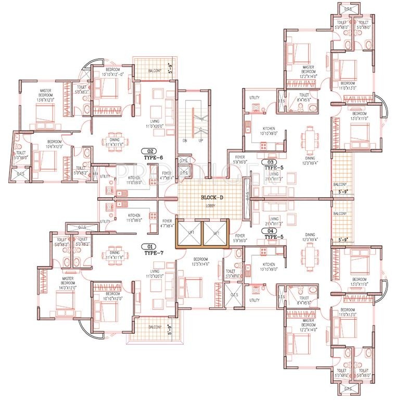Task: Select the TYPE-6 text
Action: pyautogui.click(x=155, y=157)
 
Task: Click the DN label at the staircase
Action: pyautogui.click(x=185, y=141)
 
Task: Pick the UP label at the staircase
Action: pyautogui.click(x=201, y=141)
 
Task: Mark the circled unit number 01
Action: pyautogui.click(x=151, y=246)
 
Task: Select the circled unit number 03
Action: pyautogui.click(x=271, y=162)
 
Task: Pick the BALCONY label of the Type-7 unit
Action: pyautogui.click(x=154, y=327)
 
